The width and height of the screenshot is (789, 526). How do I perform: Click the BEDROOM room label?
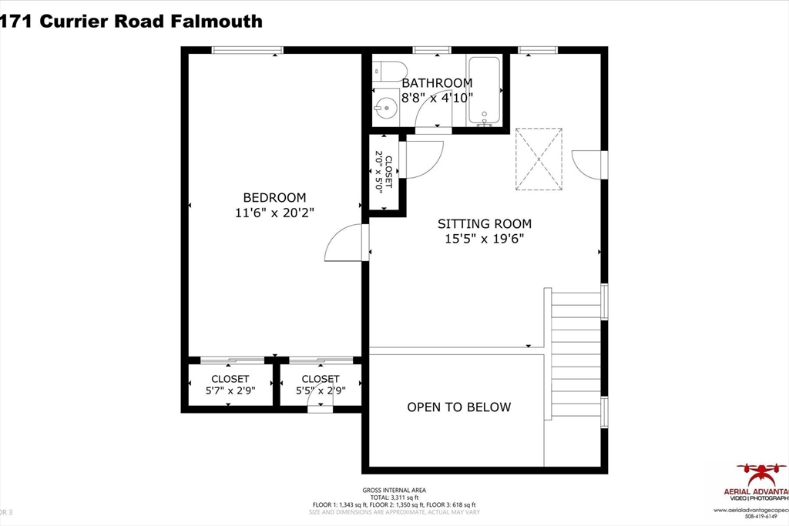(274, 197)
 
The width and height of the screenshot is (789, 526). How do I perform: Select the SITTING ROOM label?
(485, 224)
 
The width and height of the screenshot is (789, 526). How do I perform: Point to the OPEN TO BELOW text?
(458, 407)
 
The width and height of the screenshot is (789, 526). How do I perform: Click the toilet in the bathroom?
(385, 72)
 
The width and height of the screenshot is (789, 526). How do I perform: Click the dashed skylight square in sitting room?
(539, 159)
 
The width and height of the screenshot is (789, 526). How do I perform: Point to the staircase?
(575, 353)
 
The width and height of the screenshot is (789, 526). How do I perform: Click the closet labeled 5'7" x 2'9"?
(230, 384)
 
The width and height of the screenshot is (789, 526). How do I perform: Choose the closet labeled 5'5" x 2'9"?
(320, 384)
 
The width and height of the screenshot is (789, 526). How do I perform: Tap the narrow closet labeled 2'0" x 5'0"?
(384, 173)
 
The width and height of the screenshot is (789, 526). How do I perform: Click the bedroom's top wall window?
(247, 51)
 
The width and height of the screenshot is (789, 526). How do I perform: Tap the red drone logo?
(761, 471)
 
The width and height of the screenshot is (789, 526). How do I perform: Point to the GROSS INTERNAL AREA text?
(394, 490)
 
